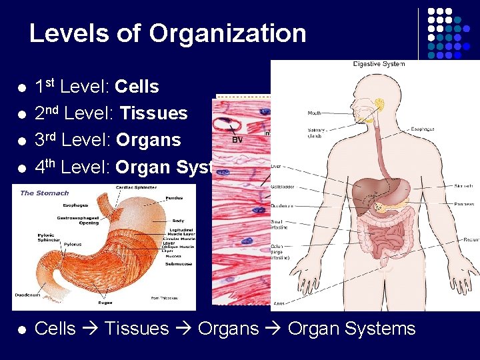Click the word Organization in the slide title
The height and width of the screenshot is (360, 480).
pos(227,33)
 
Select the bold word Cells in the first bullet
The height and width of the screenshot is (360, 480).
pos(137,87)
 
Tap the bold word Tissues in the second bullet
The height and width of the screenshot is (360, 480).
pos(153,113)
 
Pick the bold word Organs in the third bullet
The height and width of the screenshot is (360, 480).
pos(148,140)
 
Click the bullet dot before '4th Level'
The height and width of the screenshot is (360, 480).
pos(21,167)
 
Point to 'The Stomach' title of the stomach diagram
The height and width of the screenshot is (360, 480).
pos(45,193)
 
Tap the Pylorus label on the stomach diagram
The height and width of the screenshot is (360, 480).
pos(73,245)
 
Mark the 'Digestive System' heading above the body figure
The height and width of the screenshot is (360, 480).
pos(378,65)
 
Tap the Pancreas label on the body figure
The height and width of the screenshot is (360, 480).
pos(465,204)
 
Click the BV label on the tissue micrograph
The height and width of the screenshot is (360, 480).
pos(237,139)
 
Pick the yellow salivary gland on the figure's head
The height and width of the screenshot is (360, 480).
pos(381,105)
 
